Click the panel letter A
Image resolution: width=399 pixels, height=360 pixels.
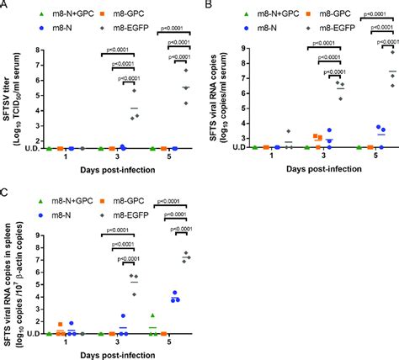[x=6, y=7]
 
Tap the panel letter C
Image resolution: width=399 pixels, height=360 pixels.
[x=6, y=191]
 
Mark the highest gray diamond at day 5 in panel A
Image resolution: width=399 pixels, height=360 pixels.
[x=187, y=71]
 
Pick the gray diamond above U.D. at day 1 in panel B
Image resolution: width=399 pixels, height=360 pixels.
[x=286, y=131]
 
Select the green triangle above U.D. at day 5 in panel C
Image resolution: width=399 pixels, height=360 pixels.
[x=152, y=315]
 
